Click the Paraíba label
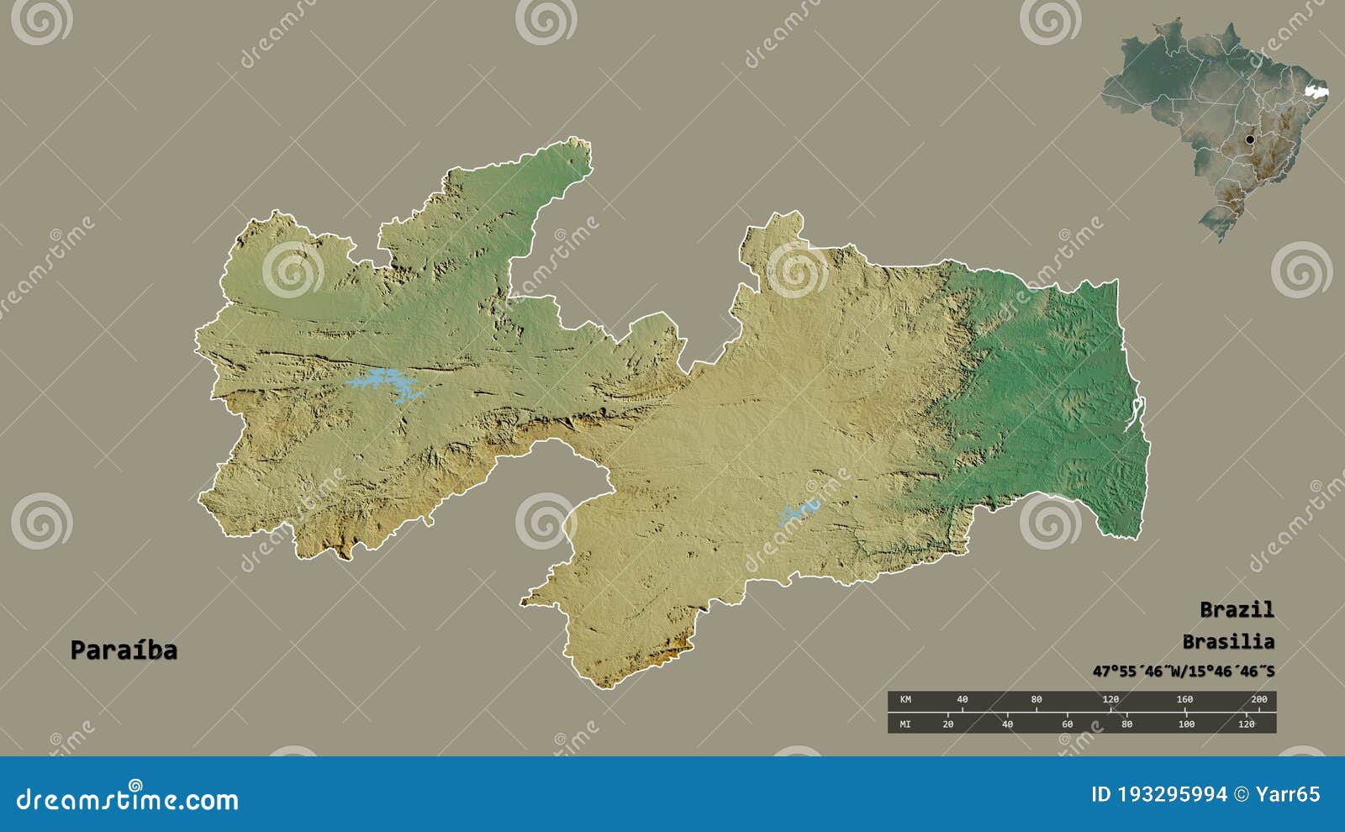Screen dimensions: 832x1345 pyautogui.click(x=124, y=650)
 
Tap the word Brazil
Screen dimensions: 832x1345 pyautogui.click(x=1236, y=609)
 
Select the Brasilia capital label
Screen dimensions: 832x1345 pyautogui.click(x=1227, y=642)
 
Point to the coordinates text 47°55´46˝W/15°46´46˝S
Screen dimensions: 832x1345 pyautogui.click(x=1183, y=671)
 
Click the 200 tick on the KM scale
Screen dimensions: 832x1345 pyautogui.click(x=1258, y=699)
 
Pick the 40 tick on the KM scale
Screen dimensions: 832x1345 pyautogui.click(x=962, y=699)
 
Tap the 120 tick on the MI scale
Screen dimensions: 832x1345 pyautogui.click(x=1246, y=724)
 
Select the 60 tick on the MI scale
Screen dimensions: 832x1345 pyautogui.click(x=1067, y=724)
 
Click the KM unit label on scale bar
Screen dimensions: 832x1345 pyautogui.click(x=905, y=699)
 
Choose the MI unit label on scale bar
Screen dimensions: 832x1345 pyautogui.click(x=905, y=724)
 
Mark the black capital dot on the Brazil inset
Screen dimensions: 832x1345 pyautogui.click(x=1249, y=140)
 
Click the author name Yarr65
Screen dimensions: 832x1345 pyautogui.click(x=1287, y=794)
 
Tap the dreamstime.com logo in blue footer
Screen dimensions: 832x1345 pyautogui.click(x=128, y=798)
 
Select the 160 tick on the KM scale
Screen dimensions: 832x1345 pyautogui.click(x=1184, y=699)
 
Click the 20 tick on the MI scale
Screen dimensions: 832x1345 pyautogui.click(x=947, y=724)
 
